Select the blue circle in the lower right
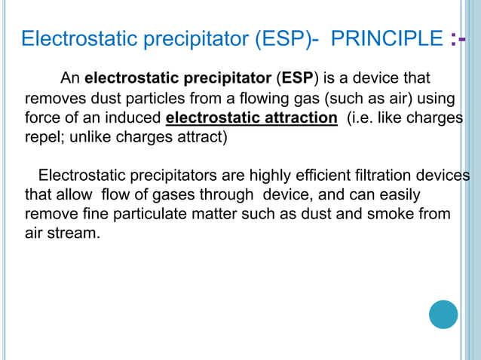tap(443, 314)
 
